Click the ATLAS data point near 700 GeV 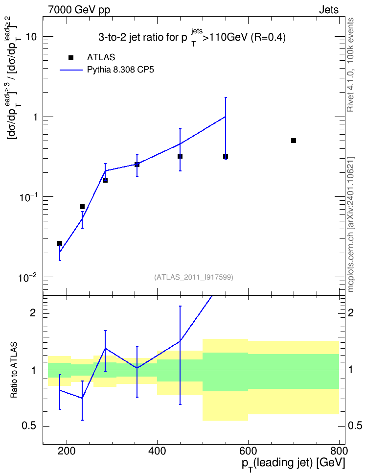[x=294, y=141]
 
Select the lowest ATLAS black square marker [x=60, y=243]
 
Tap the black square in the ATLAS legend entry [x=71, y=58]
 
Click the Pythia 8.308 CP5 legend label [x=120, y=70]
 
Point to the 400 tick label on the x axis [x=157, y=451]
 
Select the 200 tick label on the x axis [x=67, y=451]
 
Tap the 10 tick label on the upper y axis [x=31, y=37]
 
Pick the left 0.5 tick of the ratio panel [x=29, y=426]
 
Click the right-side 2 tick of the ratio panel [x=351, y=313]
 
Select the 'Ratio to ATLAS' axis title [x=14, y=370]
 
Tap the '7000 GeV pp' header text [x=79, y=10]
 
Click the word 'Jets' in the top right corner [x=329, y=10]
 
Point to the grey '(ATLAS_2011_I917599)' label [x=194, y=277]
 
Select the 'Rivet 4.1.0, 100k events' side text [x=350, y=65]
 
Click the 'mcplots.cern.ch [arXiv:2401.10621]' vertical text [x=351, y=225]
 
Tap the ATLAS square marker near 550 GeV [x=226, y=156]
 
